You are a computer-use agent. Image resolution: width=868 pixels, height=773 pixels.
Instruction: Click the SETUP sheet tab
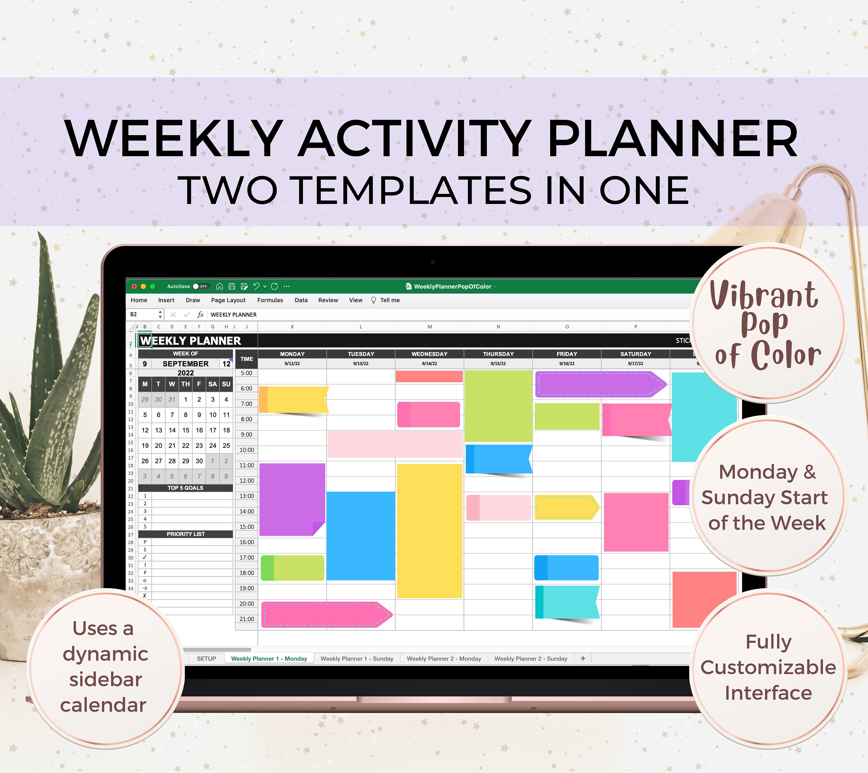(206, 658)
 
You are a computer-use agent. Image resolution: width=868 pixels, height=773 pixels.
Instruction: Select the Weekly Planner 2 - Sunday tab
(531, 658)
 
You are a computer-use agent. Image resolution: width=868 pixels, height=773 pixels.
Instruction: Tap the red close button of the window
(134, 286)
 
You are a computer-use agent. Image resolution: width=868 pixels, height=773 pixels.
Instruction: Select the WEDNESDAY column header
(429, 354)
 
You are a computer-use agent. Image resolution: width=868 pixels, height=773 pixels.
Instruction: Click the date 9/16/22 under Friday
(567, 363)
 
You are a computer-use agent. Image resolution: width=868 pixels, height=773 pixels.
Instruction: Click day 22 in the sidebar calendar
(185, 445)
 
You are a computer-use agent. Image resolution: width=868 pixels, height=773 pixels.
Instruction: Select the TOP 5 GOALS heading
(185, 488)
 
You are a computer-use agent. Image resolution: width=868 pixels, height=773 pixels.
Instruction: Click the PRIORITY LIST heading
(185, 534)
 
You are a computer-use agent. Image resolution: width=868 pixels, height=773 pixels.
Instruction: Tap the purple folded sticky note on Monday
(292, 500)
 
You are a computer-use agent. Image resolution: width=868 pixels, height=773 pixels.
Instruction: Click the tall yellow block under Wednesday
(429, 531)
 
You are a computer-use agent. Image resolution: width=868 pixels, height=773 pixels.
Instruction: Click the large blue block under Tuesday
(361, 536)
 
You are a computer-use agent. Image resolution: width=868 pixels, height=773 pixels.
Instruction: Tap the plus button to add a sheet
(583, 658)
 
